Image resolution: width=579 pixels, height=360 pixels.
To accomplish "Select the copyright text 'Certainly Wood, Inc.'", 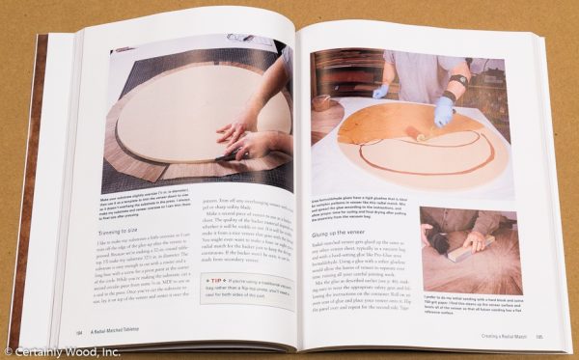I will [x=59, y=352].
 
